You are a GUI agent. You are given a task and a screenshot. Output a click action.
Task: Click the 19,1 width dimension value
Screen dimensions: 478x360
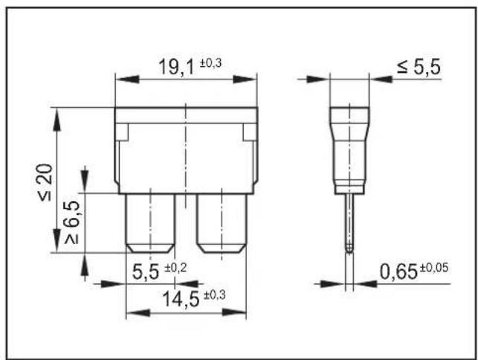[x=176, y=67]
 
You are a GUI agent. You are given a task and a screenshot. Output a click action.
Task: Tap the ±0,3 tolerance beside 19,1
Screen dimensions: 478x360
[x=210, y=63]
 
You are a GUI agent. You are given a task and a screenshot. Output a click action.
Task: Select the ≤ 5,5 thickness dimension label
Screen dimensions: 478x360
[x=419, y=67]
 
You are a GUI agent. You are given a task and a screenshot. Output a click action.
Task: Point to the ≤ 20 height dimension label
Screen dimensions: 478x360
[x=45, y=182]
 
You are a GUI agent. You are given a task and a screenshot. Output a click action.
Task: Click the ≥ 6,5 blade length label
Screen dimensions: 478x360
[x=71, y=222]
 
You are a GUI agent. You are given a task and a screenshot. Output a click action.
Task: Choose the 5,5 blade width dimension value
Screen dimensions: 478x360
[x=146, y=271]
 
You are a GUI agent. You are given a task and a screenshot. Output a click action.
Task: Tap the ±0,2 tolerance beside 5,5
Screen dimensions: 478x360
[x=175, y=268]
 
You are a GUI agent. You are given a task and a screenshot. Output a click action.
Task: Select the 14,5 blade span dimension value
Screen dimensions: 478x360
[x=181, y=299]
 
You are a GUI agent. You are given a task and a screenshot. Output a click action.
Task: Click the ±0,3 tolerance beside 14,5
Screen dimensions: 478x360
[x=215, y=295]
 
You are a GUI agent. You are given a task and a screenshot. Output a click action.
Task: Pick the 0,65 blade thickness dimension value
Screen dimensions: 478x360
[x=398, y=271]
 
